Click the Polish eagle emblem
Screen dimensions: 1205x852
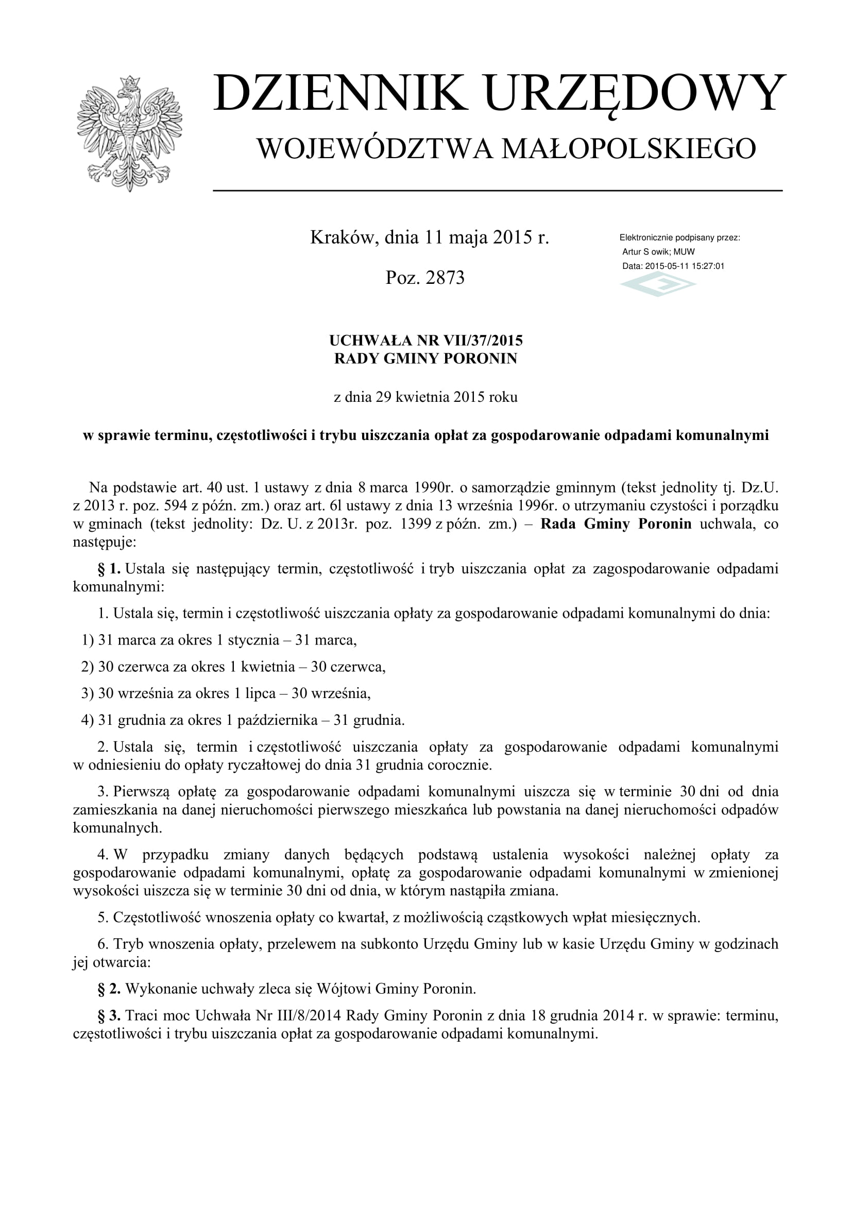point(129,133)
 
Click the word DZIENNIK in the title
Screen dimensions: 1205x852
point(340,93)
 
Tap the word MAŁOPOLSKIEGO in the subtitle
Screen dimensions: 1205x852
point(628,148)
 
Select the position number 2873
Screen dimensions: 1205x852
point(445,277)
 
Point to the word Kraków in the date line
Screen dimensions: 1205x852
point(342,237)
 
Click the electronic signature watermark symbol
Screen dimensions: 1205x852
point(658,284)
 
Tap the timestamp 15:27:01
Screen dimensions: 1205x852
point(708,266)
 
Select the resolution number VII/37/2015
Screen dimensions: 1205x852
point(483,341)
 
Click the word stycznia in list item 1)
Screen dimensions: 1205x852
point(253,640)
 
